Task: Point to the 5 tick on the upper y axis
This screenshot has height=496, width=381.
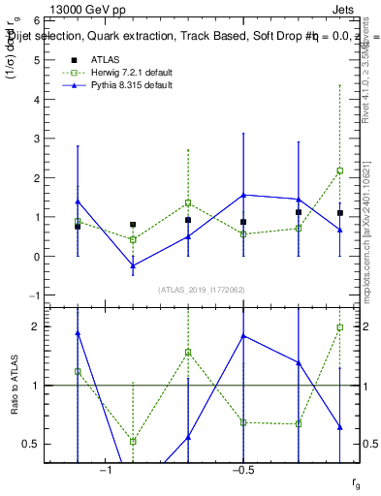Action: tap(43, 59)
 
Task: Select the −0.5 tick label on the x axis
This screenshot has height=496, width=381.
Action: tap(242, 470)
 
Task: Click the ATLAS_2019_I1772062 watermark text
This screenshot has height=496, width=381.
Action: tap(203, 290)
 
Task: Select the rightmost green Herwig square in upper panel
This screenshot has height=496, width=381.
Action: tap(340, 170)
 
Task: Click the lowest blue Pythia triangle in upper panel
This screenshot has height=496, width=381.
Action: tap(133, 265)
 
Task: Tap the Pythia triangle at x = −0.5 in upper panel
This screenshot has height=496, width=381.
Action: tap(243, 195)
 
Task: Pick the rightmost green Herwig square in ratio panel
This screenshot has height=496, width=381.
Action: tap(340, 327)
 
